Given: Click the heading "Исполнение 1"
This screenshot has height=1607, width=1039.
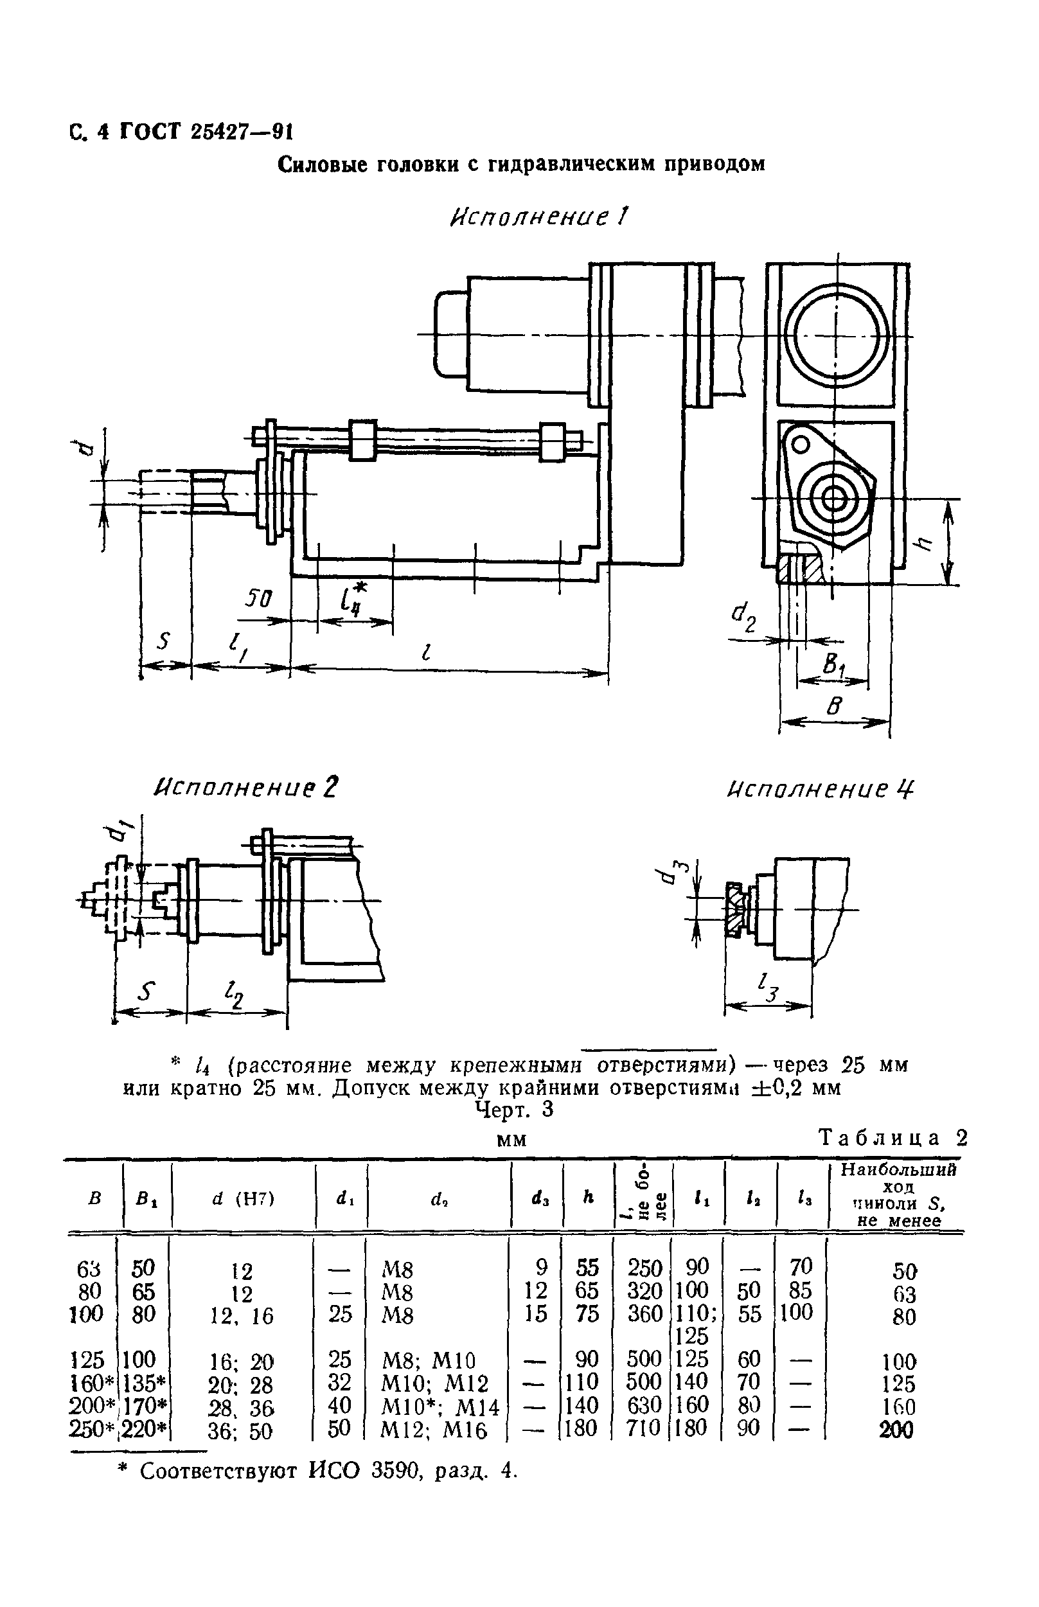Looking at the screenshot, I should tap(538, 217).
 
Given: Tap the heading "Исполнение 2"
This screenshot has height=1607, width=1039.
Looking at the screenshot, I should tap(245, 787).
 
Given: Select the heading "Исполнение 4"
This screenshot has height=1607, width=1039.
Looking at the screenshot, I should tap(821, 788).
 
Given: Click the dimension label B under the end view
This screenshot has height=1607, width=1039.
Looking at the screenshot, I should tap(835, 706).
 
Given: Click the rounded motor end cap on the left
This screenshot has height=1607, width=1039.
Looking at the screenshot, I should tap(450, 334).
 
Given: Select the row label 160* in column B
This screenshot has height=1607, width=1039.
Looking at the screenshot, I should tap(93, 1383).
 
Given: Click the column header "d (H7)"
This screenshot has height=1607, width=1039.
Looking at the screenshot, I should tap(243, 1199).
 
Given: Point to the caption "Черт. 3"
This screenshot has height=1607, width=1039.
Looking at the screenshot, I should tap(514, 1110).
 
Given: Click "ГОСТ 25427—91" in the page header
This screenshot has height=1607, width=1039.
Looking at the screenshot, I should tap(206, 132).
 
